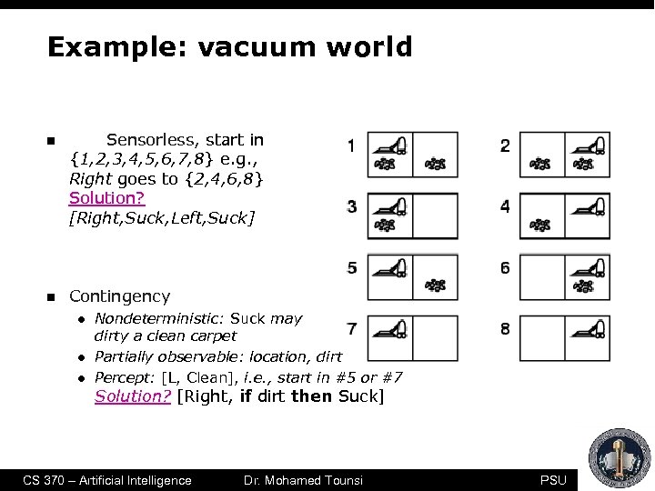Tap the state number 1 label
pyautogui.click(x=351, y=145)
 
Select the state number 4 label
pyautogui.click(x=505, y=206)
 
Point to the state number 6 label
pyautogui.click(x=505, y=267)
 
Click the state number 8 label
pyautogui.click(x=505, y=328)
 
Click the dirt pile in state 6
pyautogui.click(x=584, y=286)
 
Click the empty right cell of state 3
pyautogui.click(x=436, y=215)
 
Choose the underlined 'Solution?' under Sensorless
pyautogui.click(x=107, y=198)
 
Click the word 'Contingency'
pyautogui.click(x=119, y=296)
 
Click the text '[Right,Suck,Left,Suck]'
pyautogui.click(x=162, y=217)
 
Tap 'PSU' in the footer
pyautogui.click(x=552, y=480)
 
